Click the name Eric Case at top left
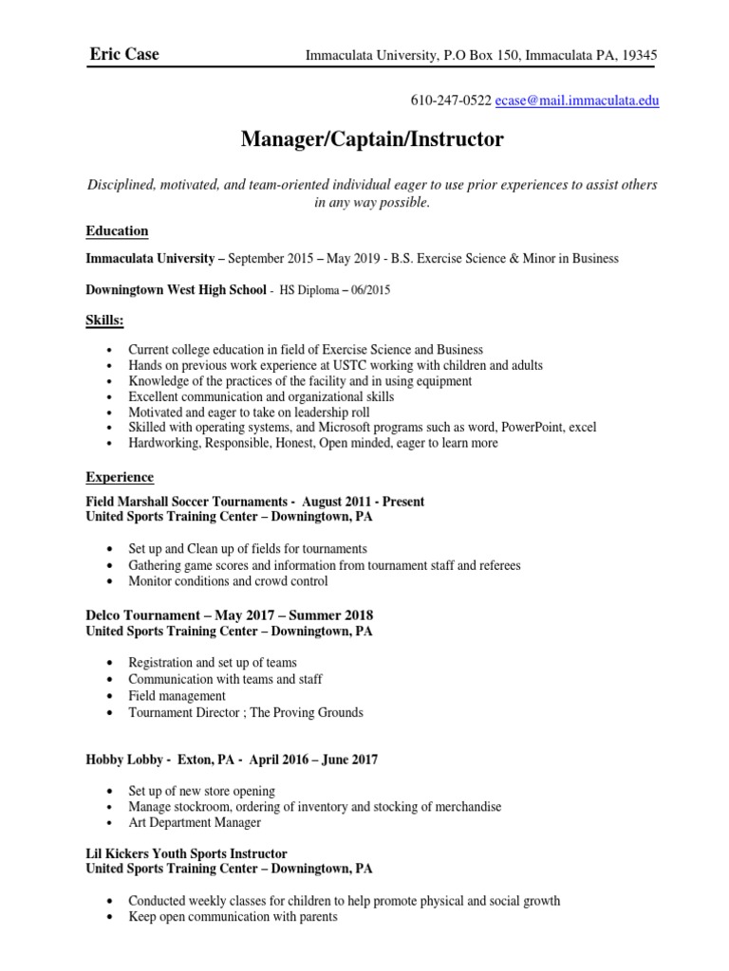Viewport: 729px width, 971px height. coord(123,54)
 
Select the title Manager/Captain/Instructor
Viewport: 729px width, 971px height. coord(372,141)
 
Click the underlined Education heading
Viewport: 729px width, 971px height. coord(117,230)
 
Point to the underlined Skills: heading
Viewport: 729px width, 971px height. coord(105,321)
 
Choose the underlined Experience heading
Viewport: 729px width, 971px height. coord(120,477)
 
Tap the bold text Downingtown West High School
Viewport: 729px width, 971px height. coord(177,290)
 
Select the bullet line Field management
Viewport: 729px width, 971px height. coord(178,696)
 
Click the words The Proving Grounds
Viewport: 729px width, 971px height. coord(312,712)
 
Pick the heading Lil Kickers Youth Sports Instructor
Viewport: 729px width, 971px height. coord(187,853)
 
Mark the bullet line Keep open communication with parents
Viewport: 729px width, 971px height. coord(233,917)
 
